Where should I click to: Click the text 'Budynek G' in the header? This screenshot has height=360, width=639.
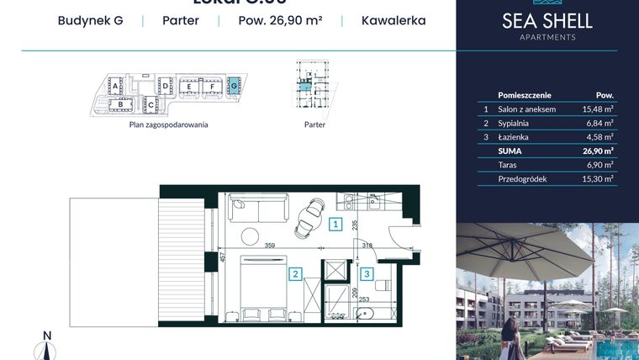90,20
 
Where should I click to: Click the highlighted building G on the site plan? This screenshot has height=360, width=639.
234,85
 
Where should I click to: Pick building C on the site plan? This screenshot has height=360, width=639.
151,104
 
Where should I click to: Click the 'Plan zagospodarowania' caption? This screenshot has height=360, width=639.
168,124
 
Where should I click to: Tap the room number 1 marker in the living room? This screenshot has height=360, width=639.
335,224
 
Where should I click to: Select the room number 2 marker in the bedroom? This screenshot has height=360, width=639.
296,273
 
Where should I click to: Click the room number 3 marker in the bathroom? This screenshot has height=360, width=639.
367,273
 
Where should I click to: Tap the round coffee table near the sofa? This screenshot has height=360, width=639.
250,236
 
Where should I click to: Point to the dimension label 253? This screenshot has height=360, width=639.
363,299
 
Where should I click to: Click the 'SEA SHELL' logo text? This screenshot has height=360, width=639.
547,21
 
